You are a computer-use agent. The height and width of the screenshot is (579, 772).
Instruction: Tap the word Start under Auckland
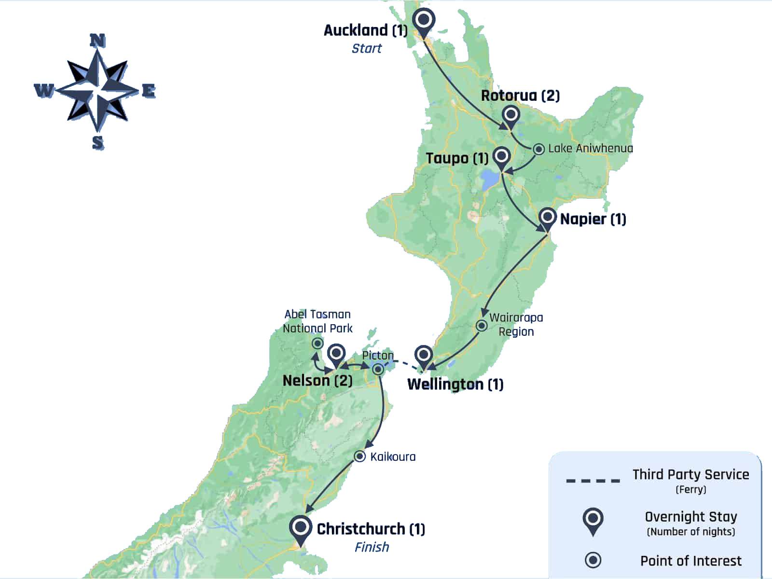tap(366, 48)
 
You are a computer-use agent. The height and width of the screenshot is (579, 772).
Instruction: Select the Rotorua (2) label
tap(520, 96)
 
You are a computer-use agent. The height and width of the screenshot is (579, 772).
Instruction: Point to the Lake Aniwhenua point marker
tap(538, 149)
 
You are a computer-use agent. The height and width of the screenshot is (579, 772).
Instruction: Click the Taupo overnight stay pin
tap(502, 156)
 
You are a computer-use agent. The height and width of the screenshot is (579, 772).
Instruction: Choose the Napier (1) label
tap(593, 219)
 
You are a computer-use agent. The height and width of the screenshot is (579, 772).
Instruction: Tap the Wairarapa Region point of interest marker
tap(482, 326)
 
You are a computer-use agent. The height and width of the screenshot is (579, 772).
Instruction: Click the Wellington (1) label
tap(455, 385)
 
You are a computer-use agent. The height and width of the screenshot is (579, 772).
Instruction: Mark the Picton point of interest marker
tap(379, 370)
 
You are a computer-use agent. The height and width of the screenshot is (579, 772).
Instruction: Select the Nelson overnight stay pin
tap(336, 354)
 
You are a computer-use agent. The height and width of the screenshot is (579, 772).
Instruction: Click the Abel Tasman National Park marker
tap(317, 344)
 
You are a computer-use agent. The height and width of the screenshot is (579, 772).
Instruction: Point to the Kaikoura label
tap(393, 456)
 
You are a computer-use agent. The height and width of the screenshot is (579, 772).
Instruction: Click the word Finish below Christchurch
tap(372, 547)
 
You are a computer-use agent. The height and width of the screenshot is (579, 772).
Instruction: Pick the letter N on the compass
tap(98, 41)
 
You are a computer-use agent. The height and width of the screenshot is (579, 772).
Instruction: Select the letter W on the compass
tap(44, 90)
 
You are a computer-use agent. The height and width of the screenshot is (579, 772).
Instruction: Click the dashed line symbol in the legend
tap(593, 481)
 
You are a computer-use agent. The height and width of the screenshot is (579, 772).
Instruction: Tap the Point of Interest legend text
tap(690, 561)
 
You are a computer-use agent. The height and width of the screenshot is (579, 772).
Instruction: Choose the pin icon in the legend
tap(593, 520)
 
